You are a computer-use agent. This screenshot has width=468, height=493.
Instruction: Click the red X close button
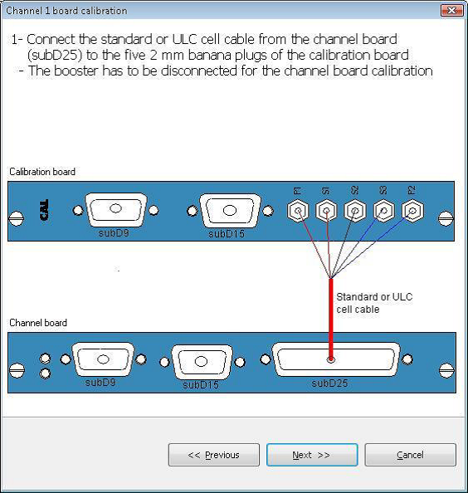tap(451, 11)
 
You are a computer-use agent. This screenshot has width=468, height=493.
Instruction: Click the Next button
tap(312, 455)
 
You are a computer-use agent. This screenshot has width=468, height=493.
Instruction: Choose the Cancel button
tap(410, 455)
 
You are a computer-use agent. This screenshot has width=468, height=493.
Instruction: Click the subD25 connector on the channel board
tap(336, 359)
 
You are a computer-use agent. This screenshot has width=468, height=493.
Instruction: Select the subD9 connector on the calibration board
tap(116, 209)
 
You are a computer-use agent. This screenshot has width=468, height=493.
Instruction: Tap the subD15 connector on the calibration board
tap(230, 210)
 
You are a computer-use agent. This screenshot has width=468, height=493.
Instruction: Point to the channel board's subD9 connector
tap(103, 359)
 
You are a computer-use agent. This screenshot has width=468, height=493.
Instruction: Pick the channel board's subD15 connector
tap(202, 362)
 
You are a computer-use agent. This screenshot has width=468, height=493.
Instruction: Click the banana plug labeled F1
tap(298, 211)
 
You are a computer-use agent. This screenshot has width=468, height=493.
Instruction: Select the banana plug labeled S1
tap(327, 211)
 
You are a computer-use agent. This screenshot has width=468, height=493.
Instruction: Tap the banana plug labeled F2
tap(412, 211)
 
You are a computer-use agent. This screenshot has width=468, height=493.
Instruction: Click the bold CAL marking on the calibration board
tap(44, 210)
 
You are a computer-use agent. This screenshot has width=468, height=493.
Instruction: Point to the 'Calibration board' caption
tap(42, 172)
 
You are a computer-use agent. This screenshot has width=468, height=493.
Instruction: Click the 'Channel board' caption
tap(38, 323)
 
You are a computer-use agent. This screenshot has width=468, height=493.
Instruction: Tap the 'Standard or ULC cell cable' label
tap(374, 303)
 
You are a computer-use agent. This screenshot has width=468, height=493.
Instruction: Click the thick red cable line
tap(331, 319)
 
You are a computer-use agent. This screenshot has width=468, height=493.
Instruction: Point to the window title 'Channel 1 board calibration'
tap(66, 11)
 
